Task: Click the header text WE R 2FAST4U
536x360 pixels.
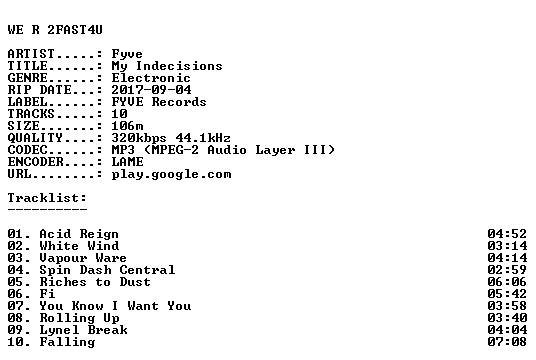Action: [x=55, y=30]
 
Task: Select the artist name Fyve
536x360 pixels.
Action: [x=127, y=54]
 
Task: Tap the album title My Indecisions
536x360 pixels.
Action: [x=167, y=66]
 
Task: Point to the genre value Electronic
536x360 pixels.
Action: [x=151, y=78]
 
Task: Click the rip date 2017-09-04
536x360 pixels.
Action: [x=151, y=90]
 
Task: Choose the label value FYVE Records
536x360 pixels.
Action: [x=159, y=102]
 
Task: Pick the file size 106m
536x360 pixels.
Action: [x=127, y=126]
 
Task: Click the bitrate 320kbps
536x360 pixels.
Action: [x=139, y=138]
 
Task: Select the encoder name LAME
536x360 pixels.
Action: [x=128, y=162]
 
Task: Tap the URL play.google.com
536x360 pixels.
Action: [x=171, y=175]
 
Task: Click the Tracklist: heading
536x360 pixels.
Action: [x=47, y=198]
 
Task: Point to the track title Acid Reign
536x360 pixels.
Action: [x=79, y=234]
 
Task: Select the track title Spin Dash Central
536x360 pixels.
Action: [x=107, y=270]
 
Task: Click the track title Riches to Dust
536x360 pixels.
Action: [x=95, y=282]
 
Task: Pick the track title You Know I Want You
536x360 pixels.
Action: [x=115, y=306]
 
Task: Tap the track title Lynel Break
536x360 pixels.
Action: [x=83, y=330]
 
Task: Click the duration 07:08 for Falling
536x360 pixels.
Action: [x=507, y=342]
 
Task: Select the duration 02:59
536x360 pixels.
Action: [x=507, y=270]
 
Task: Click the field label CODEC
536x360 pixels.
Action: [x=28, y=150]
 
